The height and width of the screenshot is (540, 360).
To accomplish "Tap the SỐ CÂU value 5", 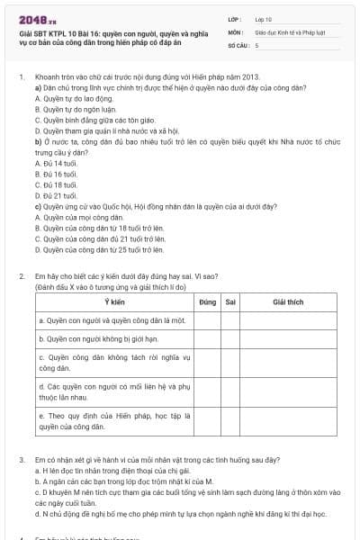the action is point(256,43).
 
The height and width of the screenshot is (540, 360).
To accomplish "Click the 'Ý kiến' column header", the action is point(114,301).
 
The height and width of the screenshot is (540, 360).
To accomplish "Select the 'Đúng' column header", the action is point(207,301).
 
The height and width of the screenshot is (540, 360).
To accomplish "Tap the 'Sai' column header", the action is point(231,301).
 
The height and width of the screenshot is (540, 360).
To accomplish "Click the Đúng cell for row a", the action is point(207,319).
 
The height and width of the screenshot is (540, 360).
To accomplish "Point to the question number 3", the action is point(21,459).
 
